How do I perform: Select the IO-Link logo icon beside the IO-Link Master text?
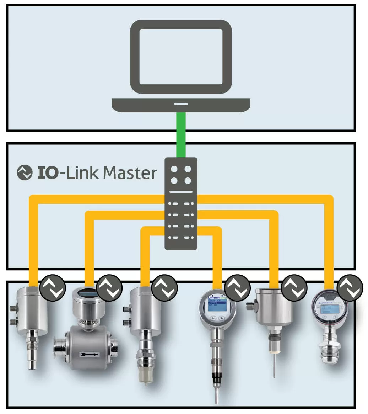(x=25, y=172)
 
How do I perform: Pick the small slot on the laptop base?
(x=181, y=104)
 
